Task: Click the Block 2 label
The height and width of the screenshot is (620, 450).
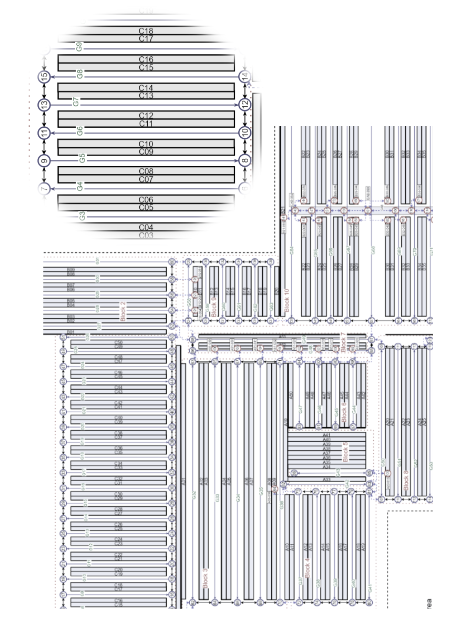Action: pos(123,311)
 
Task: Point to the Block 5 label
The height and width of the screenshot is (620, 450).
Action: pos(345,451)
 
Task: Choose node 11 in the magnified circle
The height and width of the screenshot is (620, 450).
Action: pos(44,133)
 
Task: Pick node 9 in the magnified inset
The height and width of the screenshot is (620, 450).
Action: pos(44,160)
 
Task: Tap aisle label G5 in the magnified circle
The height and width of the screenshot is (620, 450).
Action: pos(81,158)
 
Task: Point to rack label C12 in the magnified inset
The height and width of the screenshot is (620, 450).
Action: pos(146,115)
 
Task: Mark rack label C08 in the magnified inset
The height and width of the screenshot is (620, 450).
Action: pos(146,171)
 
